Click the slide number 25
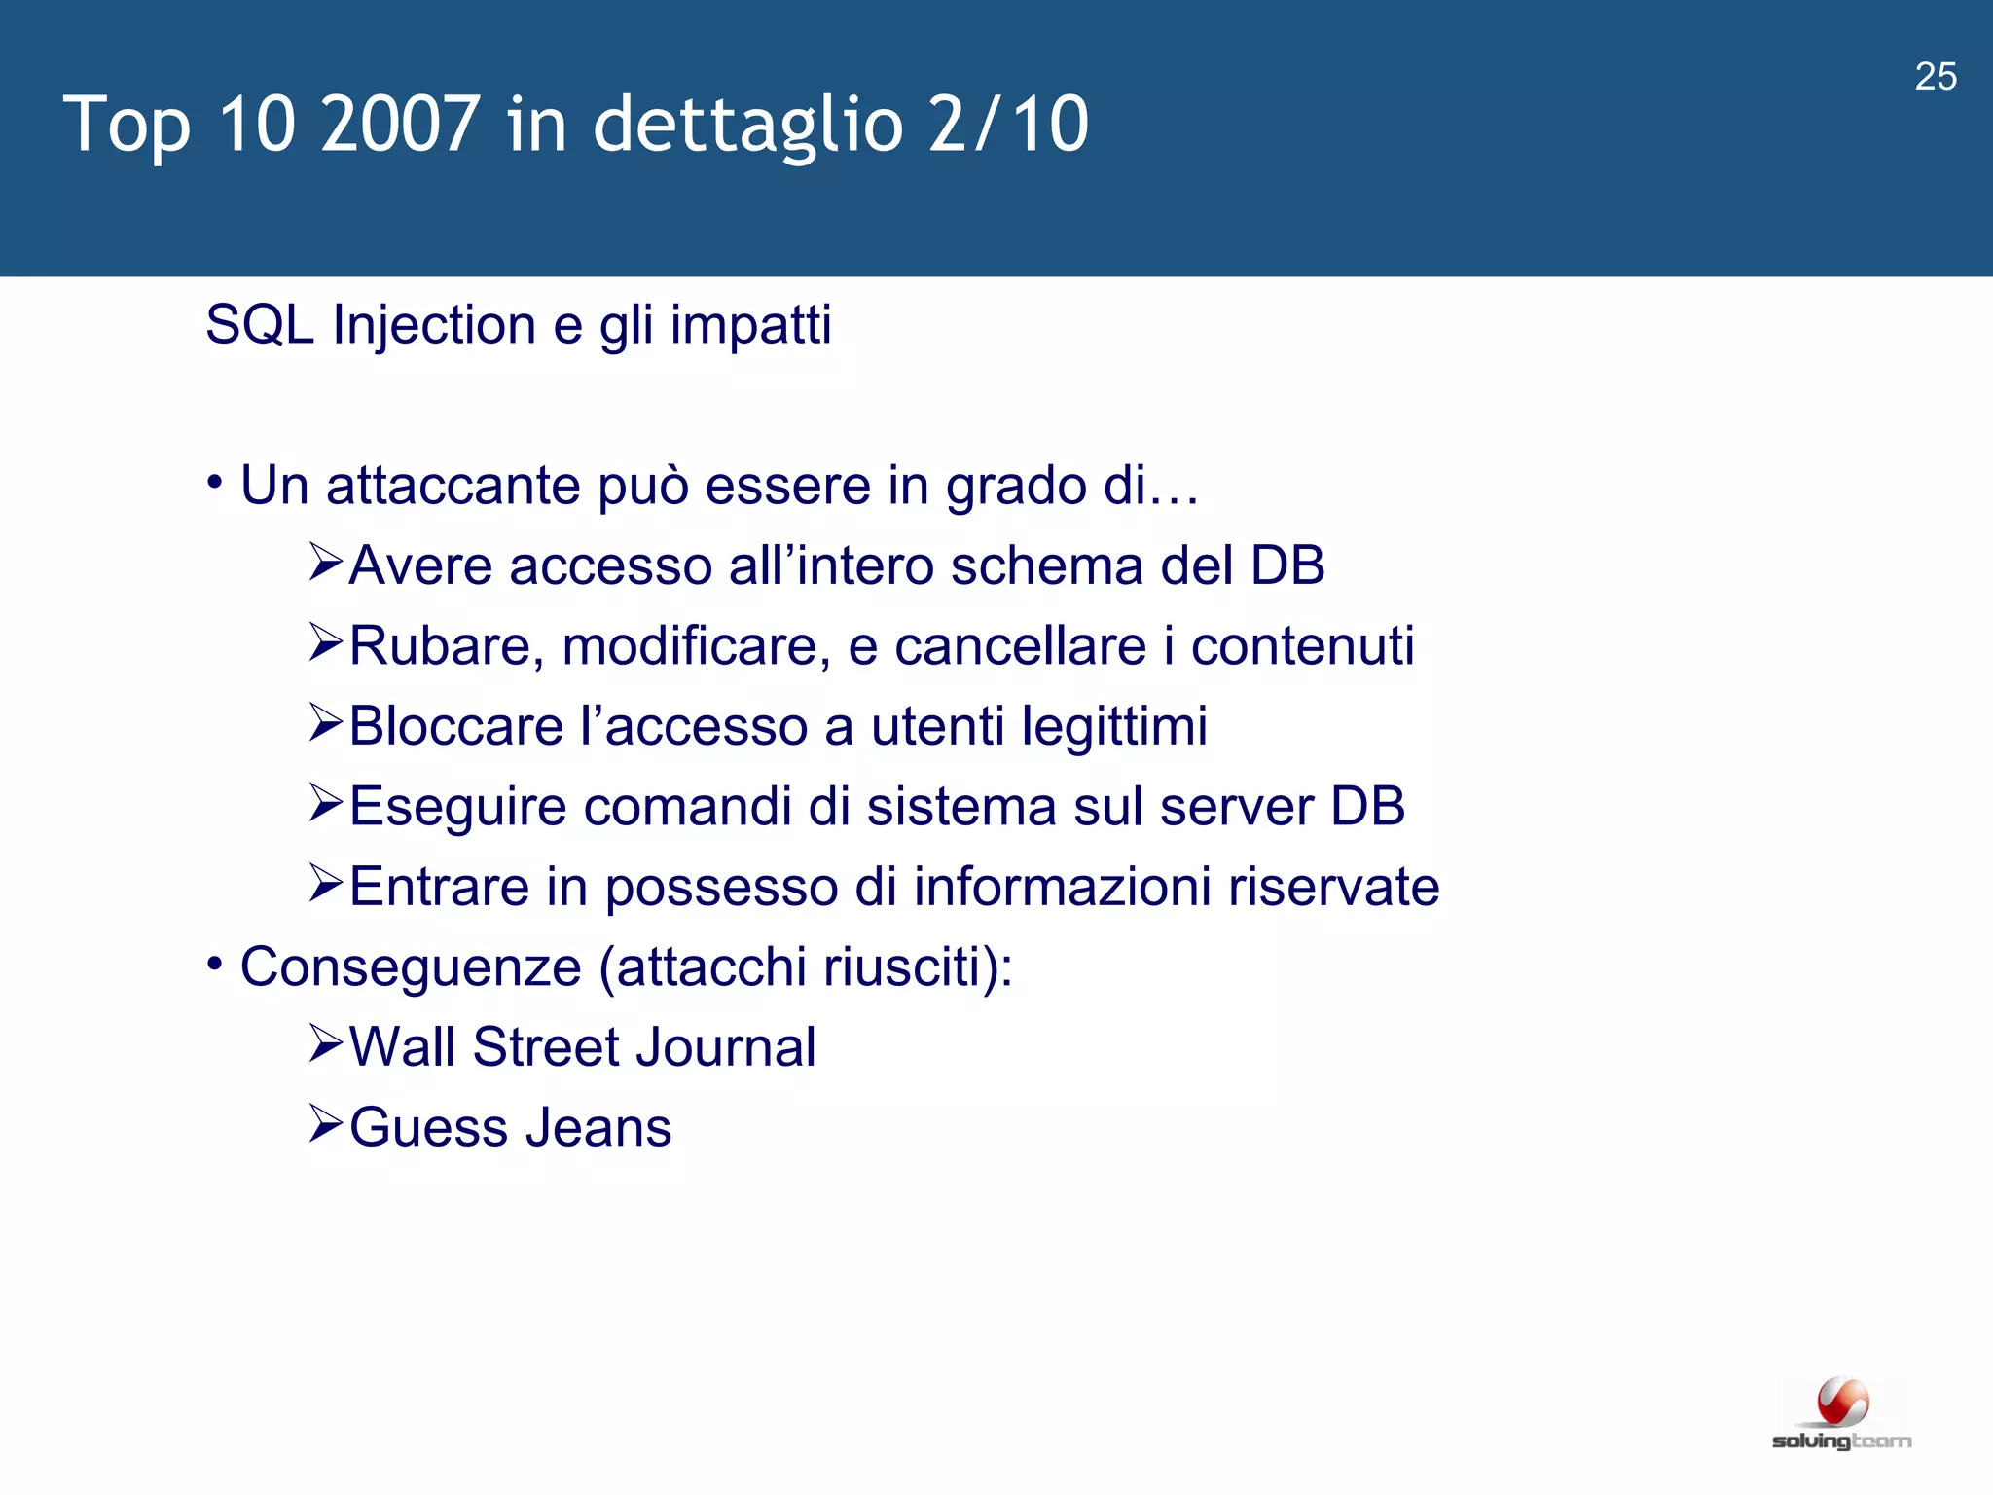[x=1936, y=77]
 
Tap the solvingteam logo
[x=1842, y=1414]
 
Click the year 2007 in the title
[x=399, y=124]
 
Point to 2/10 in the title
[x=1008, y=124]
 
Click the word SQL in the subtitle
[x=259, y=324]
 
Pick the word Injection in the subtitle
[x=434, y=326]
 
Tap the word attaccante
[x=453, y=485]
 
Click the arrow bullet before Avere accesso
[x=326, y=564]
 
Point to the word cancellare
[x=1020, y=646]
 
